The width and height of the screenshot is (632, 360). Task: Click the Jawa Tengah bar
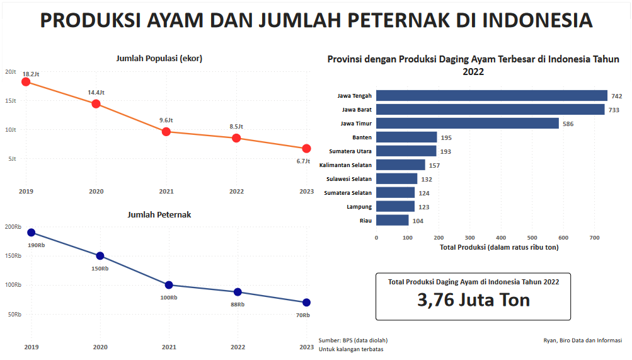tap(491, 96)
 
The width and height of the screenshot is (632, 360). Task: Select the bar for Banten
tap(406, 137)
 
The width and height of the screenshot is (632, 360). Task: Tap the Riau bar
tap(392, 220)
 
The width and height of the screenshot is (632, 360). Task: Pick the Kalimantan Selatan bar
tap(400, 165)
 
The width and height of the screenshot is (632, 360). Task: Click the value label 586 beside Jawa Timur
tap(568, 124)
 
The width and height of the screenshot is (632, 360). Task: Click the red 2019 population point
tap(26, 81)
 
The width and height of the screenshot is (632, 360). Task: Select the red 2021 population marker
tap(166, 131)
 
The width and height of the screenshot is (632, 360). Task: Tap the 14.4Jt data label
tap(96, 93)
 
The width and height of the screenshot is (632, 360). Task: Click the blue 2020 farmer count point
tap(100, 256)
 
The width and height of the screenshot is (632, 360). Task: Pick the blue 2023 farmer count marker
tap(306, 303)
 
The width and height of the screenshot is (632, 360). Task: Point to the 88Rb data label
tap(238, 304)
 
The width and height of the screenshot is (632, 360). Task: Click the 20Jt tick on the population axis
tap(10, 72)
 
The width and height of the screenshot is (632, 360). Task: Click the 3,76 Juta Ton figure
tap(473, 300)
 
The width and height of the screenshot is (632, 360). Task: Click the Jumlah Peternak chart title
tap(159, 215)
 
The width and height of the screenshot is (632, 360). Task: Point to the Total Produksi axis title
tap(498, 247)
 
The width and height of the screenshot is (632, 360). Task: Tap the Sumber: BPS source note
tap(353, 340)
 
